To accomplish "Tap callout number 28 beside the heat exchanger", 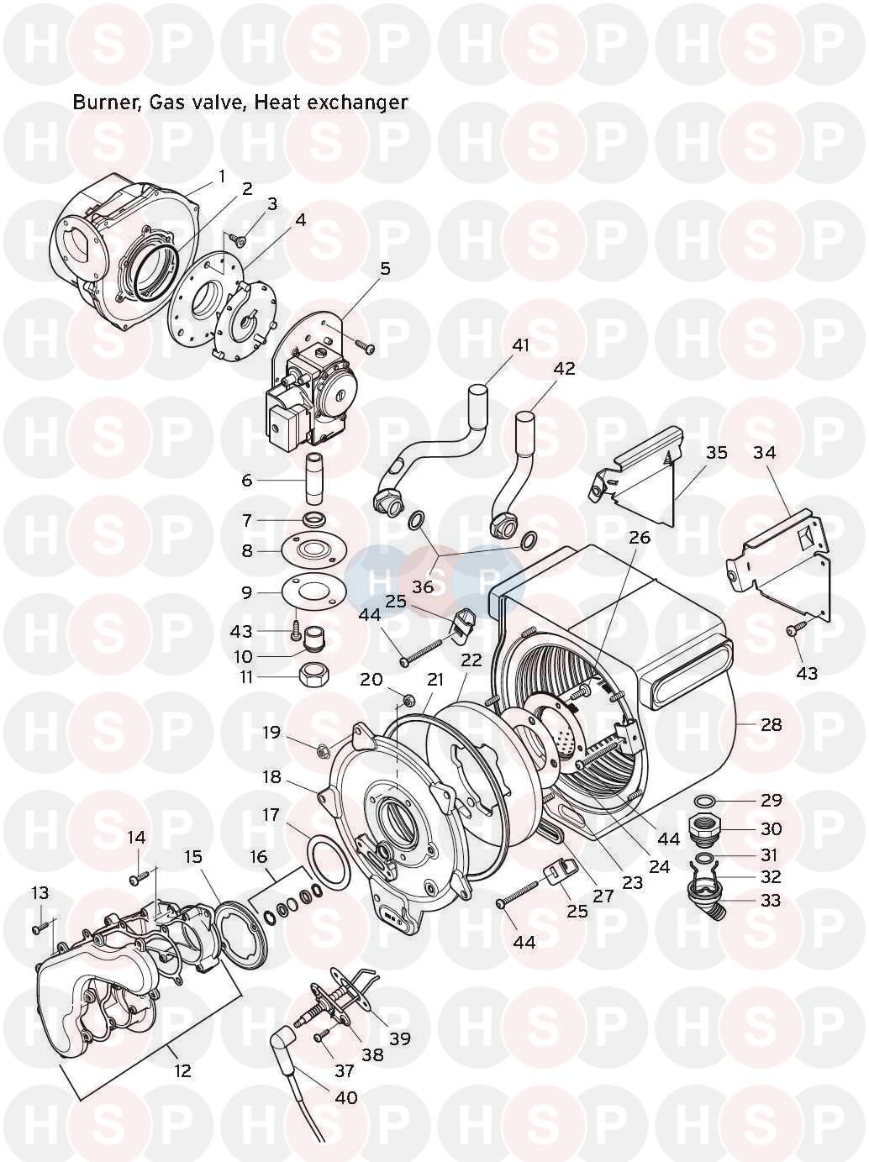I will tap(771, 724).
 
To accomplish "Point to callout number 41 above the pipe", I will tap(522, 345).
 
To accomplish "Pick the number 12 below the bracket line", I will tap(182, 1070).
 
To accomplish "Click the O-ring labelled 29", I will tap(708, 798).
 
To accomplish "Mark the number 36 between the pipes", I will tap(423, 586).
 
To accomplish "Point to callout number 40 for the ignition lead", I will tap(346, 1097).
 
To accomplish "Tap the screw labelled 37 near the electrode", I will tap(319, 1037).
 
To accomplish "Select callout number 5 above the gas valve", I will tap(385, 269).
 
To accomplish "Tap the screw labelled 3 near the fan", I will tap(239, 241).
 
